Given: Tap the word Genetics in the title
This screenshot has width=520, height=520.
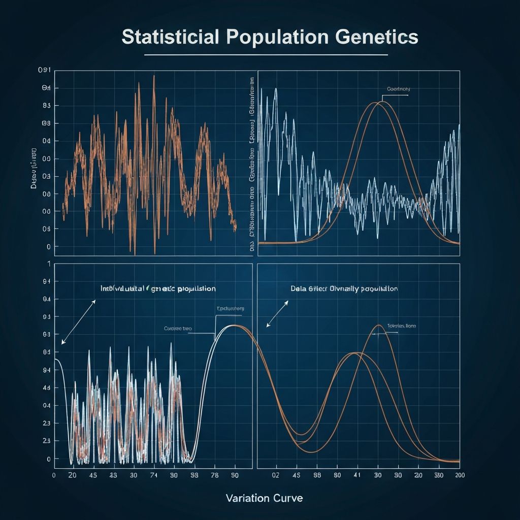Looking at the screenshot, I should [376, 38].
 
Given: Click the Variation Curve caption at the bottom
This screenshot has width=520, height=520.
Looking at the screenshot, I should [264, 498].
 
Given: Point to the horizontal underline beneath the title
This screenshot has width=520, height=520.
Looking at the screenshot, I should [266, 54].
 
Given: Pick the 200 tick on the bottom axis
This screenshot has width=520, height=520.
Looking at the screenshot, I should [460, 475].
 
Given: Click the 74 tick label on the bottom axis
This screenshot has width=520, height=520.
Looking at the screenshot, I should [154, 475].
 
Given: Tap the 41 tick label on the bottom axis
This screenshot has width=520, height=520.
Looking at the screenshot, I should [357, 475].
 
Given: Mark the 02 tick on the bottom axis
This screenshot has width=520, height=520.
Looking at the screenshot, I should [276, 475].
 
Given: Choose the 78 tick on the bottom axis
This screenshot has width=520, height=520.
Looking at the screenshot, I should [214, 475].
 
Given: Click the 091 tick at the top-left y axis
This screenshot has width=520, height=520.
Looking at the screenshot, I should [45, 71].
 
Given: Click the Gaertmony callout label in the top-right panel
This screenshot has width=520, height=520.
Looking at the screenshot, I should [399, 89].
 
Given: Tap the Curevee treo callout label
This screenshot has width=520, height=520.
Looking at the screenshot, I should [178, 329].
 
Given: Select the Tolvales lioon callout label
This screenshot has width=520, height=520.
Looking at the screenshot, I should [401, 326].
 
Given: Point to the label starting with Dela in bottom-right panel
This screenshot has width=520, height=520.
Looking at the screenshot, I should [344, 288].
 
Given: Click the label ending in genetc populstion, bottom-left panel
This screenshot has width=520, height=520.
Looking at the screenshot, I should [158, 288].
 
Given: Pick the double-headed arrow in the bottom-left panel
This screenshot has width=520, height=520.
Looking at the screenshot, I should [78, 322].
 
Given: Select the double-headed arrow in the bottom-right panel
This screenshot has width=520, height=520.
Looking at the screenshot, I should [278, 313].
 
